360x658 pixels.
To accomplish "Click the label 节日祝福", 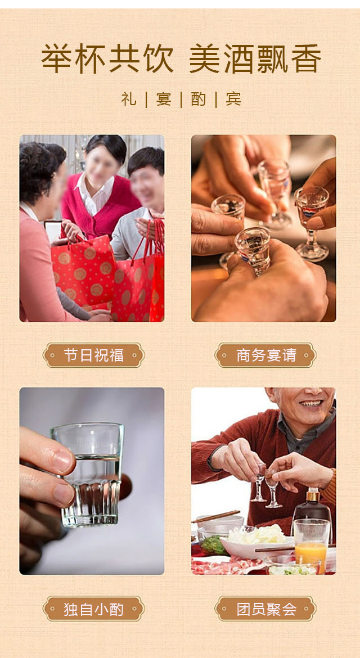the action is (x=93, y=355).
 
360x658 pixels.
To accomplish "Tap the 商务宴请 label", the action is (x=265, y=355).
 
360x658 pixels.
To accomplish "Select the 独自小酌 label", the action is (x=93, y=609).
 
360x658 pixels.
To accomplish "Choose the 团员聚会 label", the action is (x=265, y=609).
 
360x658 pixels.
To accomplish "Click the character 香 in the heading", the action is (x=306, y=58).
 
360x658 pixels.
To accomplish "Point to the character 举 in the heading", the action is (x=56, y=58).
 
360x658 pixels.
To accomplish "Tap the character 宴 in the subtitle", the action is (x=164, y=99).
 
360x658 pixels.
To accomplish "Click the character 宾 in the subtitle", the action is (x=233, y=99).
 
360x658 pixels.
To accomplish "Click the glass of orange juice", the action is (x=312, y=546).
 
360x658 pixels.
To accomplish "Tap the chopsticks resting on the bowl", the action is (x=215, y=516).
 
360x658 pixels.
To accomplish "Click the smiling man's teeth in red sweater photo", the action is (x=311, y=403).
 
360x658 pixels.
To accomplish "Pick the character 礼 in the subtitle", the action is (x=129, y=99).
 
